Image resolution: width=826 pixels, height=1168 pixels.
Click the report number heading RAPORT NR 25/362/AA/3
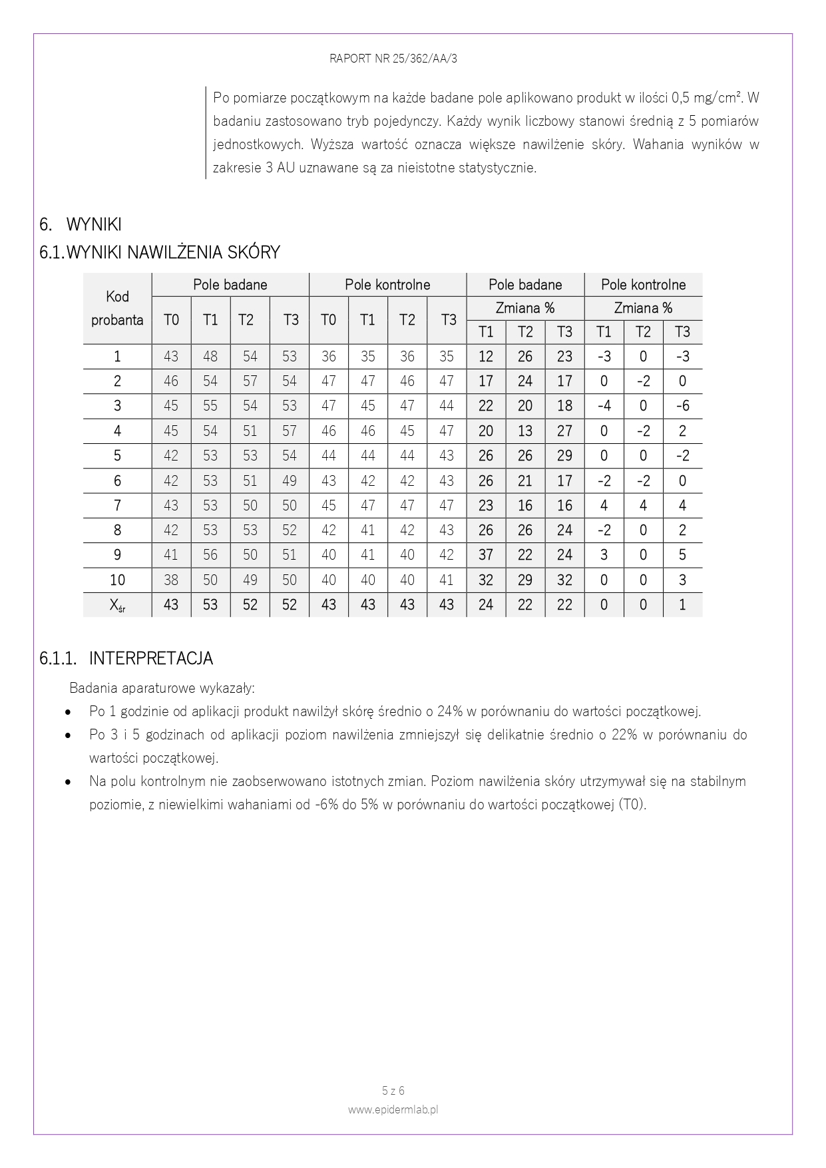393,59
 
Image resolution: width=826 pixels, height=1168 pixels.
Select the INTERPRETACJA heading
150,658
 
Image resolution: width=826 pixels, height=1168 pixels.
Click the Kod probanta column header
117,308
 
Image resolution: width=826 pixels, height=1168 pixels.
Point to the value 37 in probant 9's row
486,555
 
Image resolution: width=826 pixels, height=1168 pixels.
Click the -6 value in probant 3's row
682,406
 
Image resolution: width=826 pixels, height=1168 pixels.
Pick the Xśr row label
117,605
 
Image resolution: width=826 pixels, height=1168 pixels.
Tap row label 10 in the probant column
117,580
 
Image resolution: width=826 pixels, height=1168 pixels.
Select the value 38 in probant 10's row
171,580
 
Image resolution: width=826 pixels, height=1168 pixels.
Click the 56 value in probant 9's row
210,555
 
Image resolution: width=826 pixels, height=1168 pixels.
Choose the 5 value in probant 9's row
682,555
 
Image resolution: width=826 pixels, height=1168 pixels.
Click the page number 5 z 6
393,1091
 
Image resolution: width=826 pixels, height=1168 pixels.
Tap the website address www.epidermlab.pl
393,1109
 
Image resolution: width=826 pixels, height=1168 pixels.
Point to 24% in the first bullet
450,711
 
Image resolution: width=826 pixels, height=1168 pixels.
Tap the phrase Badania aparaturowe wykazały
162,687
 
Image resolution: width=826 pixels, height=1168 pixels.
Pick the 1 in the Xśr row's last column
682,605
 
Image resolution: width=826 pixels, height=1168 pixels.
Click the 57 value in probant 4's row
289,431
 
